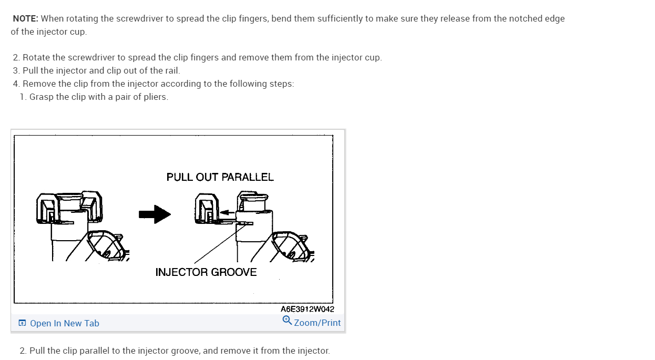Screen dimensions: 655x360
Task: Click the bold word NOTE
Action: pyautogui.click(x=25, y=19)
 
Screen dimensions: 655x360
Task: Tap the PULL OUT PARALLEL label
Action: pyautogui.click(x=220, y=177)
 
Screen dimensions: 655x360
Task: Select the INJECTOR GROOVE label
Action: pyautogui.click(x=206, y=272)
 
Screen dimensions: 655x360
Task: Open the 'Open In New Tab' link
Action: pyautogui.click(x=64, y=323)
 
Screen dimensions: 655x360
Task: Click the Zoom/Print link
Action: pyautogui.click(x=317, y=323)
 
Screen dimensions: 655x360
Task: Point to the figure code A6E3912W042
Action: pyautogui.click(x=307, y=309)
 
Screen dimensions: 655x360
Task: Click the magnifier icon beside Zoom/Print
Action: pyautogui.click(x=287, y=320)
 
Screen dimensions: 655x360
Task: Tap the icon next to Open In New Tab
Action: pyautogui.click(x=22, y=323)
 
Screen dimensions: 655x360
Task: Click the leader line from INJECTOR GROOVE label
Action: pyautogui.click(x=218, y=244)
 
